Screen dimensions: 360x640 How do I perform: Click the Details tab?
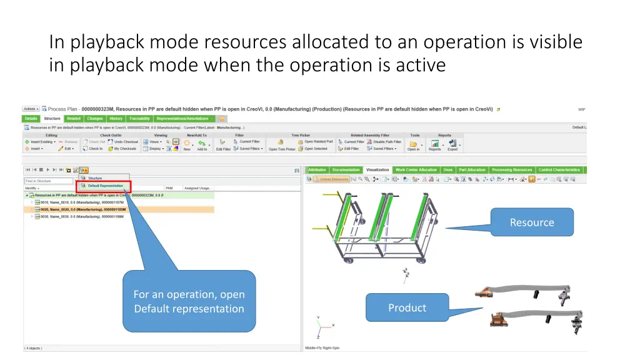pyautogui.click(x=31, y=119)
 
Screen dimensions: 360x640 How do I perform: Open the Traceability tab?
pyautogui.click(x=139, y=119)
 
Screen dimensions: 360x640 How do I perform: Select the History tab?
pyautogui.click(x=116, y=119)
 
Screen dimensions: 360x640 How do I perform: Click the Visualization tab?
pyautogui.click(x=377, y=170)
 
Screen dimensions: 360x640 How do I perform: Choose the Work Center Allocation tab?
pyautogui.click(x=416, y=170)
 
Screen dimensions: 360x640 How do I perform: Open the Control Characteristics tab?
pyautogui.click(x=559, y=170)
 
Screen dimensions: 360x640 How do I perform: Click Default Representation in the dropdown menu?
pyautogui.click(x=105, y=186)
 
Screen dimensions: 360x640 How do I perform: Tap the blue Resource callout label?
pyautogui.click(x=532, y=222)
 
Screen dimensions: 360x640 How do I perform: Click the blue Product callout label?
pyautogui.click(x=407, y=308)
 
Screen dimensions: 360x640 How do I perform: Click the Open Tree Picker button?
pyautogui.click(x=282, y=149)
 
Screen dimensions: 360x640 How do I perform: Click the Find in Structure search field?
pyautogui.click(x=49, y=181)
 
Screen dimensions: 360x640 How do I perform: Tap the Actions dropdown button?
pyautogui.click(x=31, y=109)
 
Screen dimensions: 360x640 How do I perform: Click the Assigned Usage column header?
pyautogui.click(x=198, y=188)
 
